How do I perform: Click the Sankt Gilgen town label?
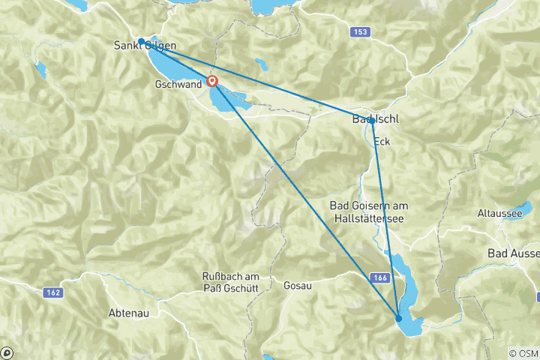145,46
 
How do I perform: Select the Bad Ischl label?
375,120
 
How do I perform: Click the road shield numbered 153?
360,31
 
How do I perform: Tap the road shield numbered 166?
379,277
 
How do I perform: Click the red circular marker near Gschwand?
213,81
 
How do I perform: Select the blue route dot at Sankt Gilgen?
141,41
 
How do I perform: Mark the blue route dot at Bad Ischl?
372,120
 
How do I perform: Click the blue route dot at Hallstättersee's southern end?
398,319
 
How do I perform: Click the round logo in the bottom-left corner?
7,352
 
